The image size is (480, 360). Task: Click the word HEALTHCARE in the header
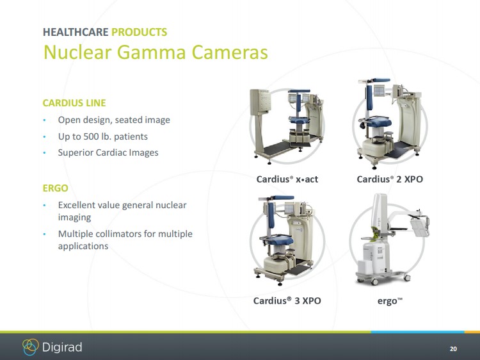point(76,32)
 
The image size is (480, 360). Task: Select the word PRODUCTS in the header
point(140,32)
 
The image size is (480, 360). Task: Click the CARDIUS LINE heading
point(74,103)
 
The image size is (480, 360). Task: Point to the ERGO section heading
point(56,188)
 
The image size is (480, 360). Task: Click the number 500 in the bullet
point(92,136)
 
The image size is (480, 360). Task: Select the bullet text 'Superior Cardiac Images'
point(108,152)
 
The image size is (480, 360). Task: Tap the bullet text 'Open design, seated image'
point(114,120)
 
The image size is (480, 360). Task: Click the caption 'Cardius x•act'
point(287,179)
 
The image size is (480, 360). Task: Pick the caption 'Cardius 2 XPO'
point(390,179)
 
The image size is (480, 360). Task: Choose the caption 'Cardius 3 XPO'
point(287,300)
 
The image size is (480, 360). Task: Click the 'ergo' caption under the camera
point(390,301)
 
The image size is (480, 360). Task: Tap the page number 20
point(453,348)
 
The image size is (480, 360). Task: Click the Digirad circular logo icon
point(31,347)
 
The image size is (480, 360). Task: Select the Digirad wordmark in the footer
point(62,347)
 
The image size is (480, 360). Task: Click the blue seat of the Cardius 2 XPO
point(376,122)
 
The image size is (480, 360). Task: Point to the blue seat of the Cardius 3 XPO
point(277,240)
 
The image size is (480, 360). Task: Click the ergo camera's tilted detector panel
point(419,226)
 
